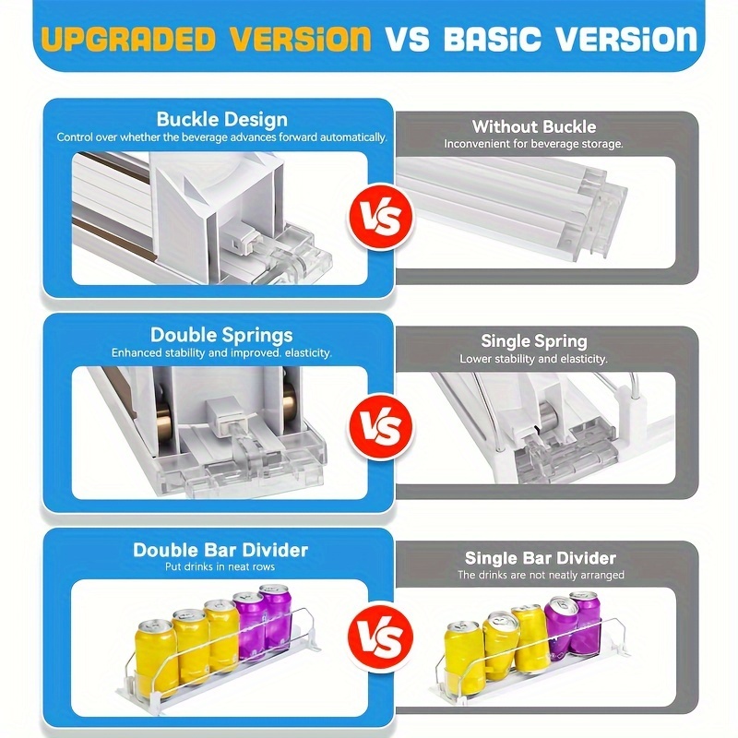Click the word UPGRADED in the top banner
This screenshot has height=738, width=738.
click(128, 39)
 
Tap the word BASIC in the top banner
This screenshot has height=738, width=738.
click(493, 39)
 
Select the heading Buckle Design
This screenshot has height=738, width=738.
click(222, 120)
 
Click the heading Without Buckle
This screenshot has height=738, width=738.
click(534, 126)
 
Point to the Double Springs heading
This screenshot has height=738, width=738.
click(221, 335)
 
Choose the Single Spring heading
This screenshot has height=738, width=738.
click(534, 341)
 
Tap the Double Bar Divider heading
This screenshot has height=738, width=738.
click(220, 550)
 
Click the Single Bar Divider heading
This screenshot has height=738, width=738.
click(541, 558)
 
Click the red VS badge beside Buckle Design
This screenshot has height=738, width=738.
click(381, 217)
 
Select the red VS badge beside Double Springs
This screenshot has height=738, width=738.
click(381, 427)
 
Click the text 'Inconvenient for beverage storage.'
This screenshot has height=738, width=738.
click(533, 144)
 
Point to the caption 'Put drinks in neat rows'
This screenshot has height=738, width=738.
click(220, 566)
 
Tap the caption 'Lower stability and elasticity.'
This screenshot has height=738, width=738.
click(533, 359)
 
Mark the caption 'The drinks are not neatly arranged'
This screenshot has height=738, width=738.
click(541, 575)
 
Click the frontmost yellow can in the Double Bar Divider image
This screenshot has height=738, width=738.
click(157, 658)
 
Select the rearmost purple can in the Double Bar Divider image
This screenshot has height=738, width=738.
click(275, 616)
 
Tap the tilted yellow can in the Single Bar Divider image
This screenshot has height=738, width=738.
click(502, 647)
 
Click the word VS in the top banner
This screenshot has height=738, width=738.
click(408, 39)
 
